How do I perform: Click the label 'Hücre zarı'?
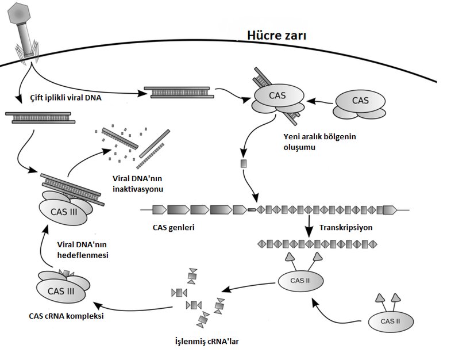[276, 35]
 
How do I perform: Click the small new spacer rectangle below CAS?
[243, 164]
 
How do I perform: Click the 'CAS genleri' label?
[174, 227]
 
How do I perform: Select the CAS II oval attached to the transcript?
[300, 281]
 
